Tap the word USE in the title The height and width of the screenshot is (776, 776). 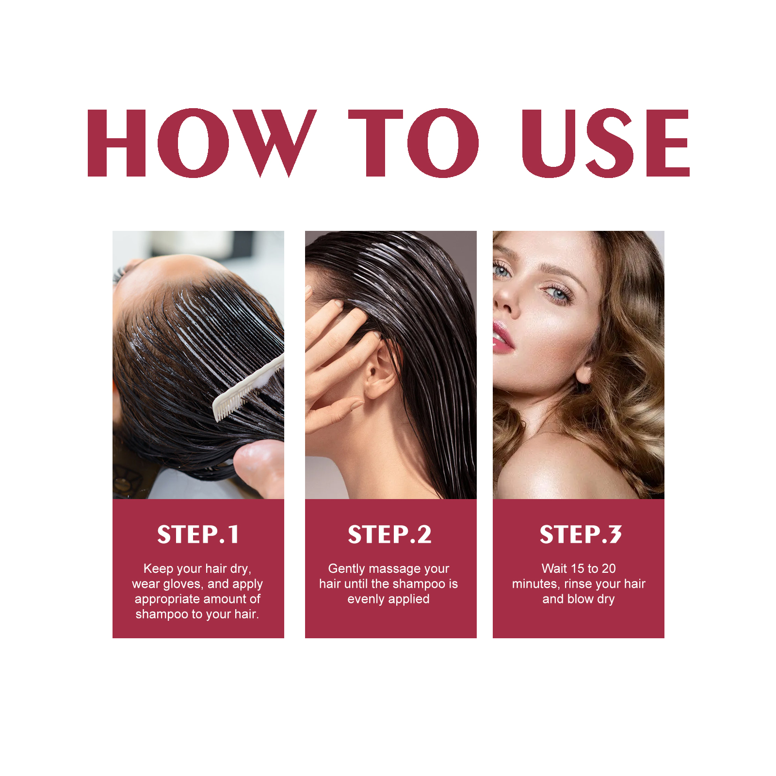[x=605, y=143]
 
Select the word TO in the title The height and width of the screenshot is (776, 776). [x=413, y=143]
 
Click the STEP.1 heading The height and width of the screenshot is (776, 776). [x=198, y=534]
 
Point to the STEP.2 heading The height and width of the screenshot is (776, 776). [x=389, y=534]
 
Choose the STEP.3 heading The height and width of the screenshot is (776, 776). [x=580, y=534]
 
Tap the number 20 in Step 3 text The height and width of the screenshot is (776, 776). [x=608, y=568]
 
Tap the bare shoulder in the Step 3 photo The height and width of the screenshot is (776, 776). [x=558, y=466]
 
